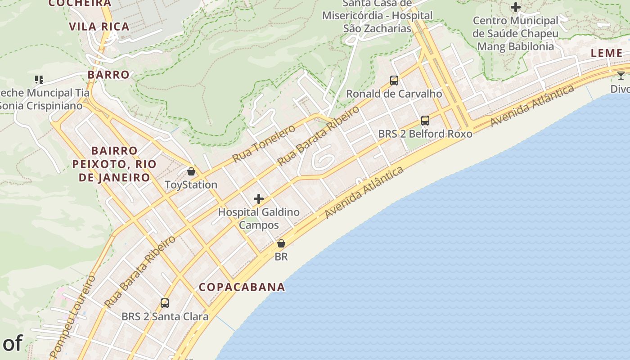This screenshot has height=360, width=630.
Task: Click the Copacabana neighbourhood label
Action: pyautogui.click(x=242, y=287)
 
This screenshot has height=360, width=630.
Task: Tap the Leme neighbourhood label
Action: pyautogui.click(x=607, y=53)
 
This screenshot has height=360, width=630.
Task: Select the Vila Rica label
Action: pyautogui.click(x=99, y=27)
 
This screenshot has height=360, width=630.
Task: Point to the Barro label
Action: pyautogui.click(x=108, y=75)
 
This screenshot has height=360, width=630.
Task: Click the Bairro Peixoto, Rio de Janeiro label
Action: pyautogui.click(x=114, y=164)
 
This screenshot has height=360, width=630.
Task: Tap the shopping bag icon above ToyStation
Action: pyautogui.click(x=191, y=171)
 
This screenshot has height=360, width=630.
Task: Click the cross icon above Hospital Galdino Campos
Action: pyautogui.click(x=259, y=198)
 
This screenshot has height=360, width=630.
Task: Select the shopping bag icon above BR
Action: pyautogui.click(x=281, y=243)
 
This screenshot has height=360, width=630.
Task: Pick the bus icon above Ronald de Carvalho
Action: pyautogui.click(x=394, y=81)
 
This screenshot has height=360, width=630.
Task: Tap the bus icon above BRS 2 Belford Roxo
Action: pyautogui.click(x=425, y=121)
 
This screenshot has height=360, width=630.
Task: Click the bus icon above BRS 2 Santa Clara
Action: pyautogui.click(x=165, y=303)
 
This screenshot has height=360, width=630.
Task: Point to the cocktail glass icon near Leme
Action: pyautogui.click(x=621, y=75)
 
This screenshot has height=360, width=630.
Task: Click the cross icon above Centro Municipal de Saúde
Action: pyautogui.click(x=516, y=7)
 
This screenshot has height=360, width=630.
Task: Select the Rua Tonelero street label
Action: pyautogui.click(x=264, y=144)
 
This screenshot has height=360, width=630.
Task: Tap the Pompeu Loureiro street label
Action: pyautogui.click(x=72, y=316)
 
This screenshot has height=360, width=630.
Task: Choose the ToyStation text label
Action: pyautogui.click(x=191, y=184)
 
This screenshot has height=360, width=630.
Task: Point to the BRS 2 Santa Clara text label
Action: pyautogui.click(x=165, y=316)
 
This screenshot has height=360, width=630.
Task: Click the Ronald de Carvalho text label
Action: pyautogui.click(x=394, y=94)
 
